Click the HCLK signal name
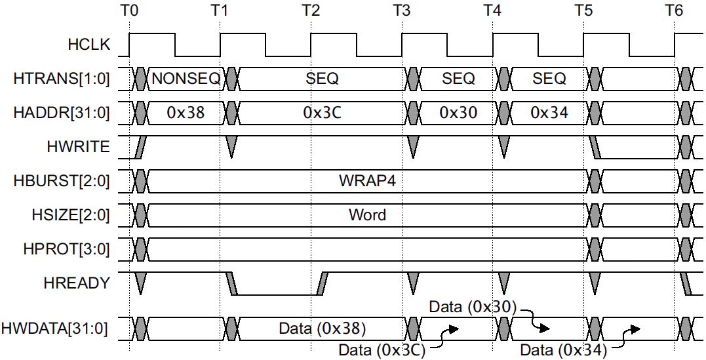pyautogui.click(x=89, y=45)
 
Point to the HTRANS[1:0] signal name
pyautogui.click(x=62, y=79)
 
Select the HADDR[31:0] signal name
pyautogui.click(x=62, y=113)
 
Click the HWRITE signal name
pyautogui.click(x=78, y=147)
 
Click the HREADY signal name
pyautogui.click(x=76, y=283)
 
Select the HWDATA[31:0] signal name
pyautogui.click(x=57, y=327)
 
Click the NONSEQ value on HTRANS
pyautogui.click(x=186, y=79)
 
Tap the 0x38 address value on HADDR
pyautogui.click(x=186, y=113)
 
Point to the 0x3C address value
pyautogui.click(x=322, y=113)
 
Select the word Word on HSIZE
pyautogui.click(x=367, y=214)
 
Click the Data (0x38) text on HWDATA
pyautogui.click(x=322, y=327)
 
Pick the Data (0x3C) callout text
pyautogui.click(x=382, y=350)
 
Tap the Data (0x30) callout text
pyautogui.click(x=473, y=306)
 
